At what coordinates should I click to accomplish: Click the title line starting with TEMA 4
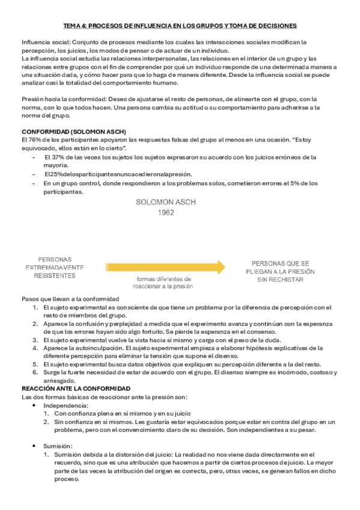click(180, 26)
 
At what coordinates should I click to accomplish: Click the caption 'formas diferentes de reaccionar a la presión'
click(163, 283)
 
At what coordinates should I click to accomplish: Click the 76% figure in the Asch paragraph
click(34, 140)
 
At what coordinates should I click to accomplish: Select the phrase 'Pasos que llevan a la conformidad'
click(70, 299)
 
